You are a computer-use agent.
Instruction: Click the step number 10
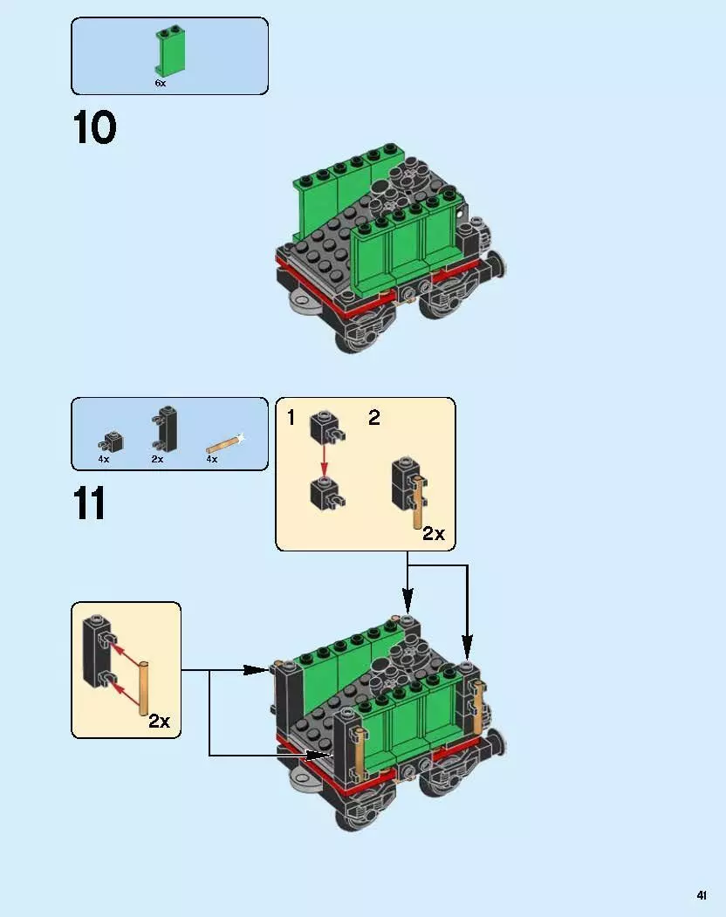94,128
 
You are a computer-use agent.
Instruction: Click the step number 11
90,504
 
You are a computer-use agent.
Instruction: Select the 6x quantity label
160,84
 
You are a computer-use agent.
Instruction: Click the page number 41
701,894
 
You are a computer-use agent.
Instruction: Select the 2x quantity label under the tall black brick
158,459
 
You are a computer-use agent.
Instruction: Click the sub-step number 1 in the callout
291,418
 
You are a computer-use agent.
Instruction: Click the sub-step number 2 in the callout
373,418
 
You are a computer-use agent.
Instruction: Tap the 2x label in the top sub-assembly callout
434,533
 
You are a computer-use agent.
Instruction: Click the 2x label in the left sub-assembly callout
159,721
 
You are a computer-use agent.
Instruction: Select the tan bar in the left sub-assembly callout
145,688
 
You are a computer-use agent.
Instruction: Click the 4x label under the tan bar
211,459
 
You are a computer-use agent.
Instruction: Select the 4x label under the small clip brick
104,459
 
